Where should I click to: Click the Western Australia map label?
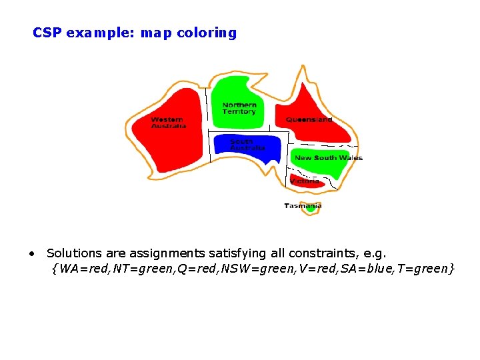[168, 123]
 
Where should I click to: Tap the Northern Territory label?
[239, 108]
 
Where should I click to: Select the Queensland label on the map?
[309, 120]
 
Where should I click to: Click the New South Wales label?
[328, 158]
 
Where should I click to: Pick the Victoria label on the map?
[305, 181]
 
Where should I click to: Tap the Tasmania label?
[303, 206]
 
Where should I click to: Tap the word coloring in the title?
[207, 33]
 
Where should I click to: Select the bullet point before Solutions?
[31, 254]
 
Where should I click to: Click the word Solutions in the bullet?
[74, 253]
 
